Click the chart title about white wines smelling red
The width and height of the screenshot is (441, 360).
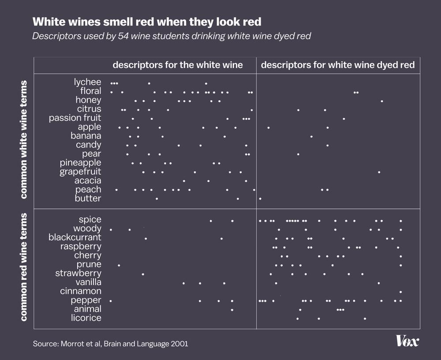(147, 22)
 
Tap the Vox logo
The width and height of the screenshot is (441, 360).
(407, 341)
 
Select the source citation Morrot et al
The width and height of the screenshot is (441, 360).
(110, 343)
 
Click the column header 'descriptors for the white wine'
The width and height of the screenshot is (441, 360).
(178, 65)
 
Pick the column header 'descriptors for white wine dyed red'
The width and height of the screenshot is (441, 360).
(338, 65)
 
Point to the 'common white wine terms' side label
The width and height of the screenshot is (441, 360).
(24, 140)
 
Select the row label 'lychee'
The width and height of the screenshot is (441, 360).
(87, 82)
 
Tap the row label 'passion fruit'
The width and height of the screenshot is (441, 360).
(75, 118)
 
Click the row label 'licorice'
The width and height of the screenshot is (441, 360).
(86, 318)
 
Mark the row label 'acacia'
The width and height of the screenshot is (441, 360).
(88, 181)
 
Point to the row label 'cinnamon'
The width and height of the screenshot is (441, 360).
(81, 291)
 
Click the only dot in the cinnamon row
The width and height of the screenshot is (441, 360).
(400, 292)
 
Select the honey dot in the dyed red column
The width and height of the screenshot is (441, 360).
(381, 101)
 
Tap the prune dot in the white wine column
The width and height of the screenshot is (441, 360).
(119, 265)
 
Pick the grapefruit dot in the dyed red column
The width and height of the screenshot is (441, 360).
(379, 172)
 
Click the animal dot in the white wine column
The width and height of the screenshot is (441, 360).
(232, 310)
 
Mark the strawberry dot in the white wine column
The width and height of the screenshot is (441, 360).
(143, 274)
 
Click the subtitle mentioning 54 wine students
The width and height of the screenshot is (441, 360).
(172, 36)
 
